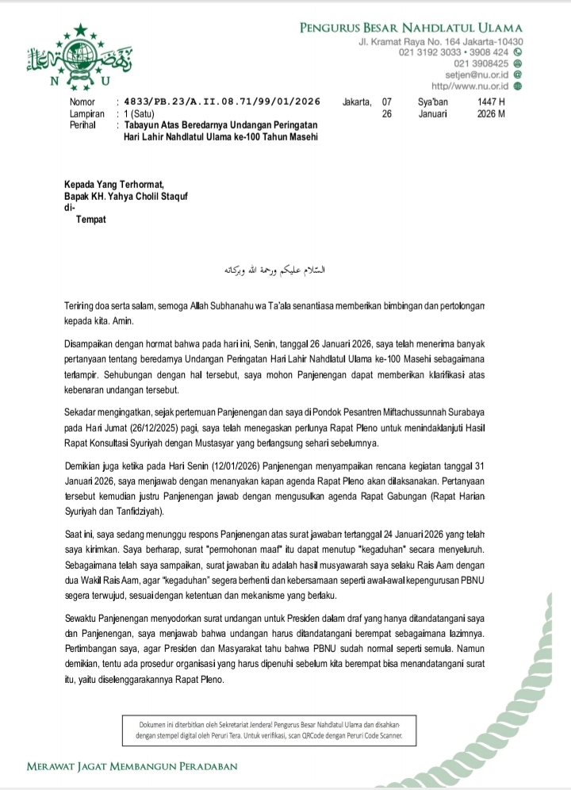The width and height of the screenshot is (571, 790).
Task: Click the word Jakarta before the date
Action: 356,102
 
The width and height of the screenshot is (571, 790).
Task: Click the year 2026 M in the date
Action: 492,113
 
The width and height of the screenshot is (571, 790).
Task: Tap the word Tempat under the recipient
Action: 90,219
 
